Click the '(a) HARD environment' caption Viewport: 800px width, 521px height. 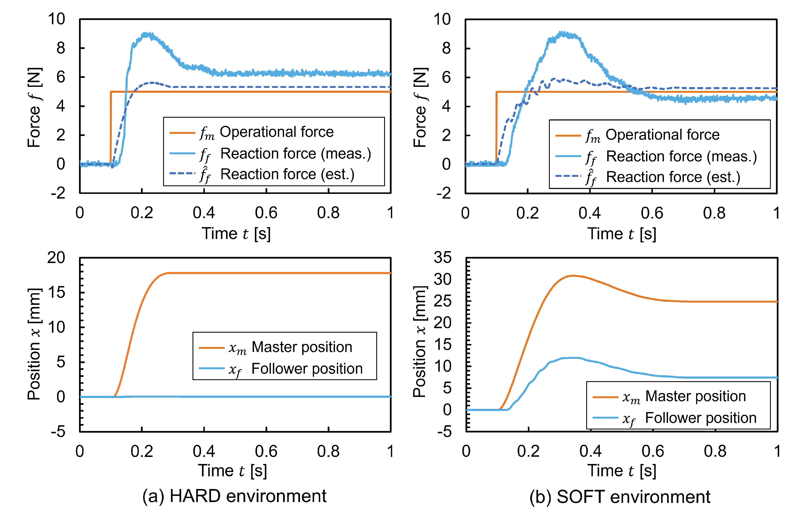pyautogui.click(x=234, y=496)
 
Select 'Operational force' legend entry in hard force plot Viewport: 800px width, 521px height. pyautogui.click(x=276, y=132)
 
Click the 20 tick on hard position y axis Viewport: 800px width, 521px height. pyautogui.click(x=56, y=258)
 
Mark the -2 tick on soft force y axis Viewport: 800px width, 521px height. pyautogui.click(x=443, y=193)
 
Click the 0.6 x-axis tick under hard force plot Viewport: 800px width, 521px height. pyautogui.click(x=266, y=213)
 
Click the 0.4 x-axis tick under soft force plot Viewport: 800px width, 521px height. pyautogui.click(x=590, y=213)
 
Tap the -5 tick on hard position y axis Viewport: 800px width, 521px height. pyautogui.click(x=58, y=432)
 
